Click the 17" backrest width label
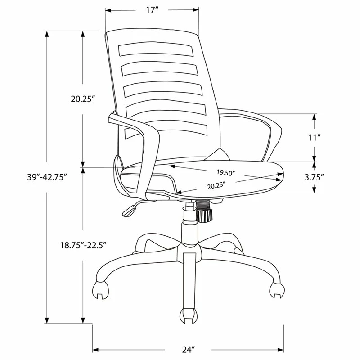153,10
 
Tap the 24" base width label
188,350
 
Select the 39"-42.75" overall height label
47,177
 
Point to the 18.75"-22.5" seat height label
84,245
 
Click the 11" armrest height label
314,138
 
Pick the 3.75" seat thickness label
314,177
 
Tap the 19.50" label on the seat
225,173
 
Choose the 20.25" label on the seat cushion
216,185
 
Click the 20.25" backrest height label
83,99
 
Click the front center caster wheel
189,316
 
